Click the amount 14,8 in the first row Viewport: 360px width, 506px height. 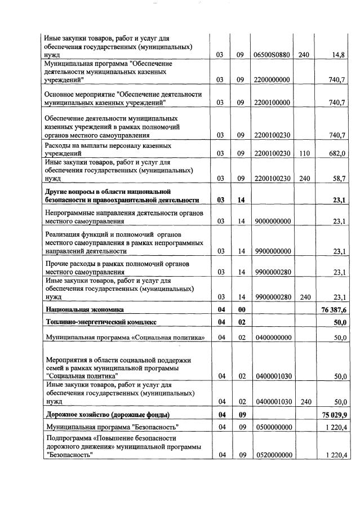(x=338, y=55)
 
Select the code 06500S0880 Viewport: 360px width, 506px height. (x=272, y=55)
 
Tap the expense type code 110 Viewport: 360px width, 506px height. (x=304, y=153)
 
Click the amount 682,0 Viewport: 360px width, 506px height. (x=337, y=153)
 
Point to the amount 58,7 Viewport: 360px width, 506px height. (x=337, y=179)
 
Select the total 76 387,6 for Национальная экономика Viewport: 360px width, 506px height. (x=332, y=309)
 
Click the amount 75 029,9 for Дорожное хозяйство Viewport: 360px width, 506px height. (x=332, y=416)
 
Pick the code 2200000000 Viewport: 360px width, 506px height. (x=272, y=80)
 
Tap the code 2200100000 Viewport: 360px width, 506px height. (x=272, y=103)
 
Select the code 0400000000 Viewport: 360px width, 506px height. (x=272, y=338)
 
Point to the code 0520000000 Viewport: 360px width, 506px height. (x=272, y=455)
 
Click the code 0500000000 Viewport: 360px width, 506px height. (x=272, y=428)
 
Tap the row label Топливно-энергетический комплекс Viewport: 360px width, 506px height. (x=100, y=322)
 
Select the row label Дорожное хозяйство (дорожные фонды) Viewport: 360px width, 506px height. (x=106, y=416)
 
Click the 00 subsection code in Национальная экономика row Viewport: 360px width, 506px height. (x=241, y=309)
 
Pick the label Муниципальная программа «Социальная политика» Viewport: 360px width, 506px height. (x=124, y=338)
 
